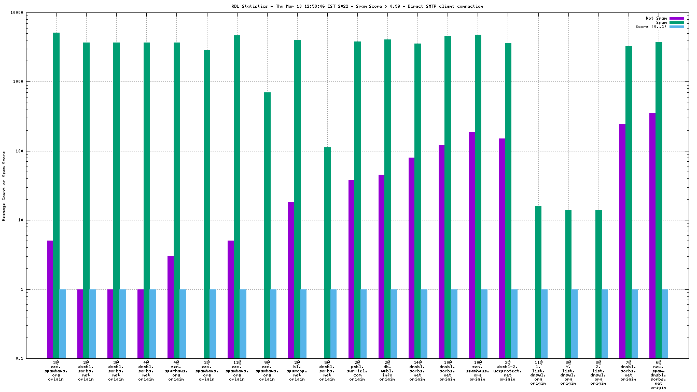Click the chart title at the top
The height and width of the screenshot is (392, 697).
tap(357, 6)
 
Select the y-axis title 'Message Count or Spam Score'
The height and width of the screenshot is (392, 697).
tap(4, 186)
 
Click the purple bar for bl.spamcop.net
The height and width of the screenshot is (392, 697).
tap(291, 280)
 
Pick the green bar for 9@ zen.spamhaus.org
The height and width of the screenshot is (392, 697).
tap(267, 225)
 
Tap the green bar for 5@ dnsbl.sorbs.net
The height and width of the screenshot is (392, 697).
tap(327, 253)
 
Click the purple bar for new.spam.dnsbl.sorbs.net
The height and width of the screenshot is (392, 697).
tap(652, 235)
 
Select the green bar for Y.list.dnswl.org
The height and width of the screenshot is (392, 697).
tap(568, 284)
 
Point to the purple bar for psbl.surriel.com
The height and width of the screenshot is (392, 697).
tap(351, 269)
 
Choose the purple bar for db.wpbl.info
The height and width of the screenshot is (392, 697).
tap(381, 266)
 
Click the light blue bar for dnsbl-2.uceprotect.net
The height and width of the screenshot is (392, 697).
tap(514, 324)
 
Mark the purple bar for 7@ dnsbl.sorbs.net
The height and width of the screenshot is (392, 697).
tap(622, 241)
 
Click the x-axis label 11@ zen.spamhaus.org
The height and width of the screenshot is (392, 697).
tap(237, 371)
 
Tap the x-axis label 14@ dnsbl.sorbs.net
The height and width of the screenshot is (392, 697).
tap(417, 371)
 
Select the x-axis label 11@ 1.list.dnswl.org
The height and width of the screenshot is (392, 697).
tap(538, 371)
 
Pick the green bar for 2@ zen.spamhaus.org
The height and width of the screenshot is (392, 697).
tap(207, 204)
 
